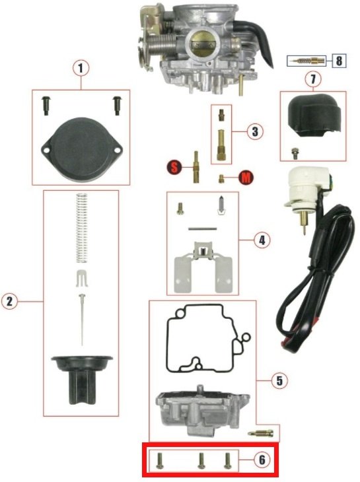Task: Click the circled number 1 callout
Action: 81,68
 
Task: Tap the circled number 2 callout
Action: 9,302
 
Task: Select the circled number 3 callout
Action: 255,131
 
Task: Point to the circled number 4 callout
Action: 262,240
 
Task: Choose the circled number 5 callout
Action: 279,381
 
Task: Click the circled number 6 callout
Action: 262,460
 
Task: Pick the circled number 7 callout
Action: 313,79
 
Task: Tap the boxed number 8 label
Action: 339,61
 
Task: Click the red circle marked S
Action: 174,168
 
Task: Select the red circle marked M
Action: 246,178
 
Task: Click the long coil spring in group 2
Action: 81,228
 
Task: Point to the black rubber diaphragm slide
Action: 82,380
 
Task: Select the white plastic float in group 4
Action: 203,266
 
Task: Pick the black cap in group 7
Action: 314,118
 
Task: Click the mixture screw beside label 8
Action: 306,61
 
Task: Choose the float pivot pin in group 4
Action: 203,228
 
